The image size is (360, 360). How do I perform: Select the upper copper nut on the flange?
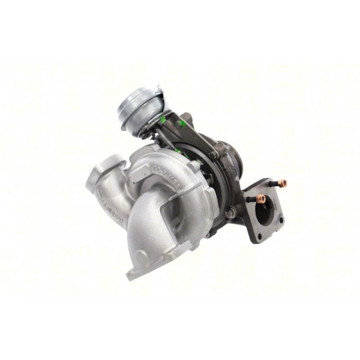coord(283,182)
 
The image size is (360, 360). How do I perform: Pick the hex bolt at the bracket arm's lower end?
coord(212,155)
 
